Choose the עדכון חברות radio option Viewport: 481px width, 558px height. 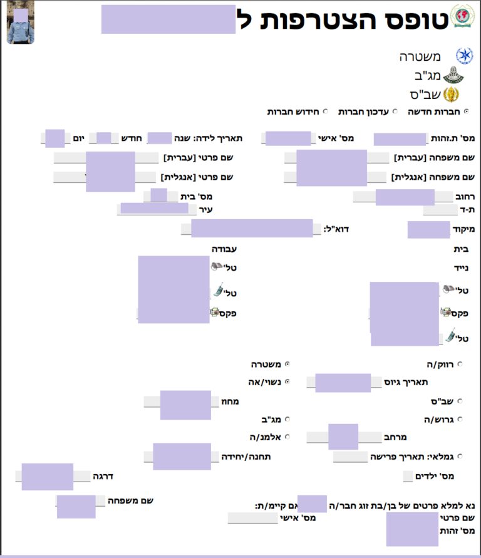[395, 111]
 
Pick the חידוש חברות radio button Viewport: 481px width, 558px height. [325, 111]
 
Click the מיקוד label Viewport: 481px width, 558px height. [463, 229]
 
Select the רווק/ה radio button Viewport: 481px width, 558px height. [460, 363]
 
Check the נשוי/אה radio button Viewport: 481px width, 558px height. [287, 381]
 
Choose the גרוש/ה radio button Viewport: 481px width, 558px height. [460, 419]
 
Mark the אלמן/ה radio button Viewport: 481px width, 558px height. [287, 436]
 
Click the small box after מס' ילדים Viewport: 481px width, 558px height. [408, 477]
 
